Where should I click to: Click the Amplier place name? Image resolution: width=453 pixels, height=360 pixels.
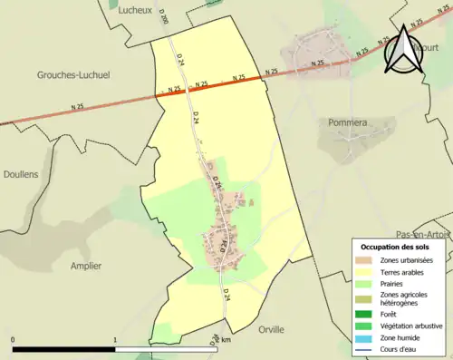click(x=86, y=266)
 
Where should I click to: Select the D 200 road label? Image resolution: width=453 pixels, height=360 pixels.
click(x=164, y=44)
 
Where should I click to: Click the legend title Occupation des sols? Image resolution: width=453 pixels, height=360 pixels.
click(x=395, y=247)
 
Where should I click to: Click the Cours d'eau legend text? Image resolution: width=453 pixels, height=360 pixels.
click(x=400, y=348)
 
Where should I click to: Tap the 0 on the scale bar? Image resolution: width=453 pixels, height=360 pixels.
click(x=14, y=341)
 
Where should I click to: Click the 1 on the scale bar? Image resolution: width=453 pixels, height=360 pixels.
click(x=115, y=341)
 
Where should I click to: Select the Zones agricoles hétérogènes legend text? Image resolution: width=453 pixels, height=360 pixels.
click(x=404, y=298)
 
